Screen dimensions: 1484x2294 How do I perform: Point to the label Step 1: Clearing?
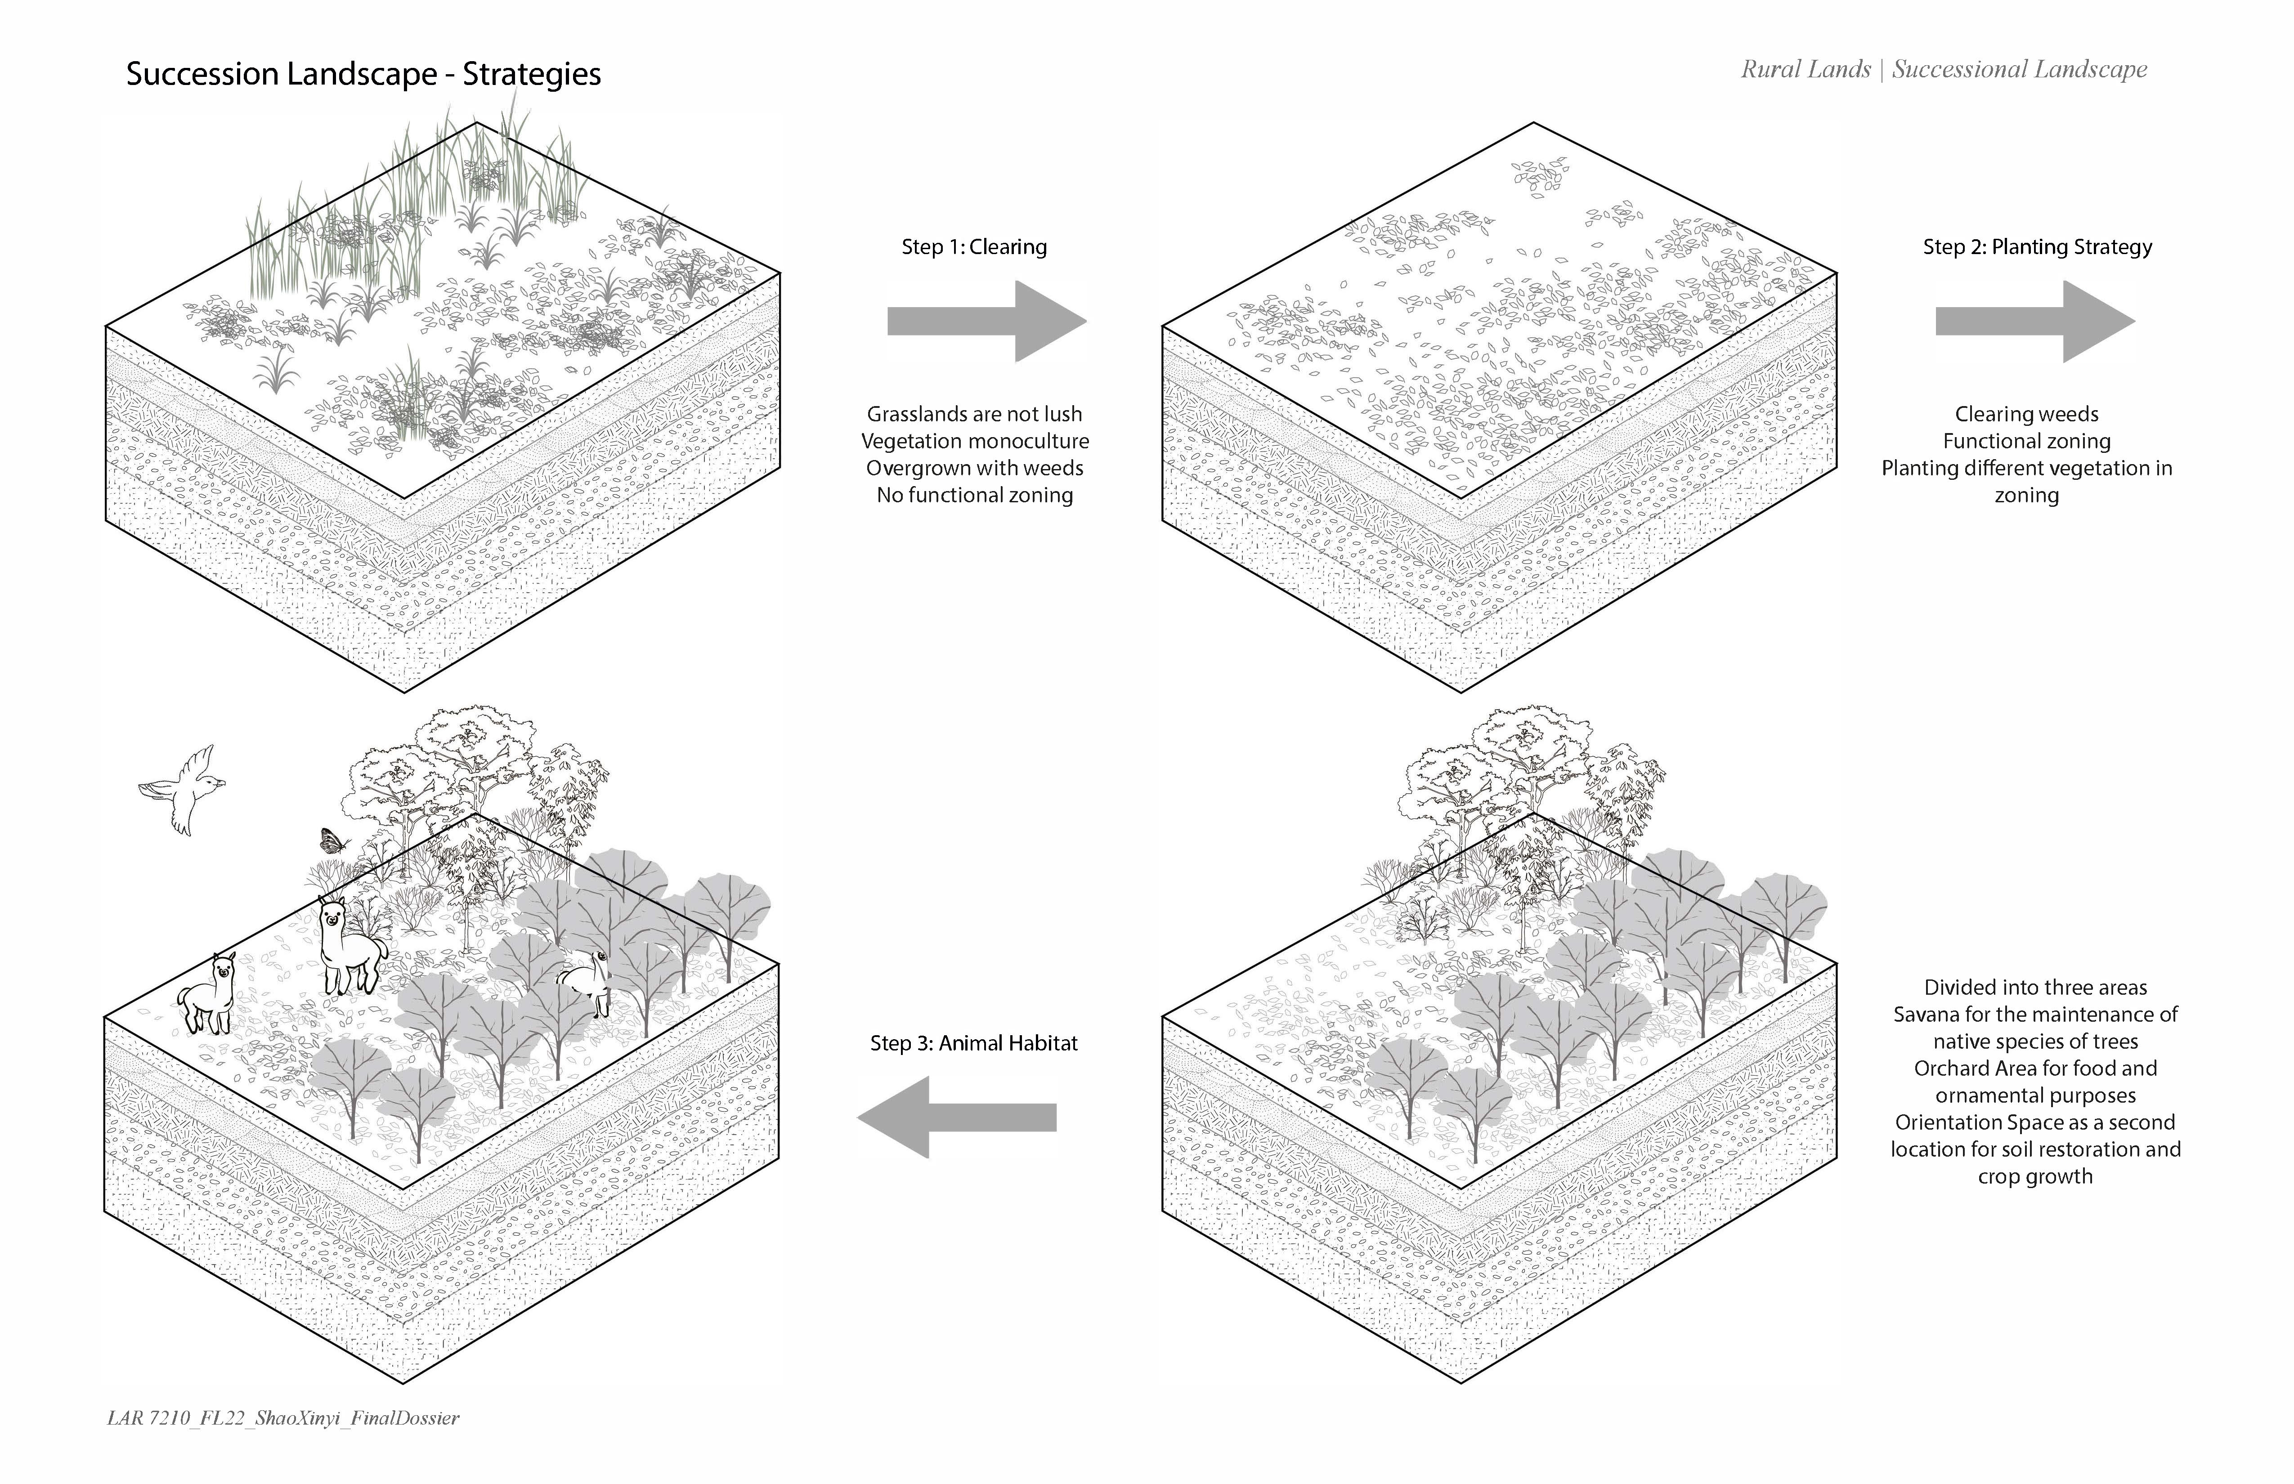click(973, 247)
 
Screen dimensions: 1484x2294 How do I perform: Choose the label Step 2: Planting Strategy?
click(2037, 247)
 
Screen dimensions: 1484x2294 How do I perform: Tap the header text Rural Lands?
click(1804, 69)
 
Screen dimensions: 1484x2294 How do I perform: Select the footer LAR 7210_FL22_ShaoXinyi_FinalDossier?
click(282, 1417)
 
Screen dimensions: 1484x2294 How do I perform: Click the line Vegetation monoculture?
click(974, 441)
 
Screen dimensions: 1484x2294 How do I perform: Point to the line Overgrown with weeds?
click(974, 468)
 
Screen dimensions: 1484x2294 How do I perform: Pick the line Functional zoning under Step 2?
click(2026, 441)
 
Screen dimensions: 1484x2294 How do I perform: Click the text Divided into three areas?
click(2035, 988)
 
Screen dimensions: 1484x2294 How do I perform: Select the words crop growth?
click(2035, 1176)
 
